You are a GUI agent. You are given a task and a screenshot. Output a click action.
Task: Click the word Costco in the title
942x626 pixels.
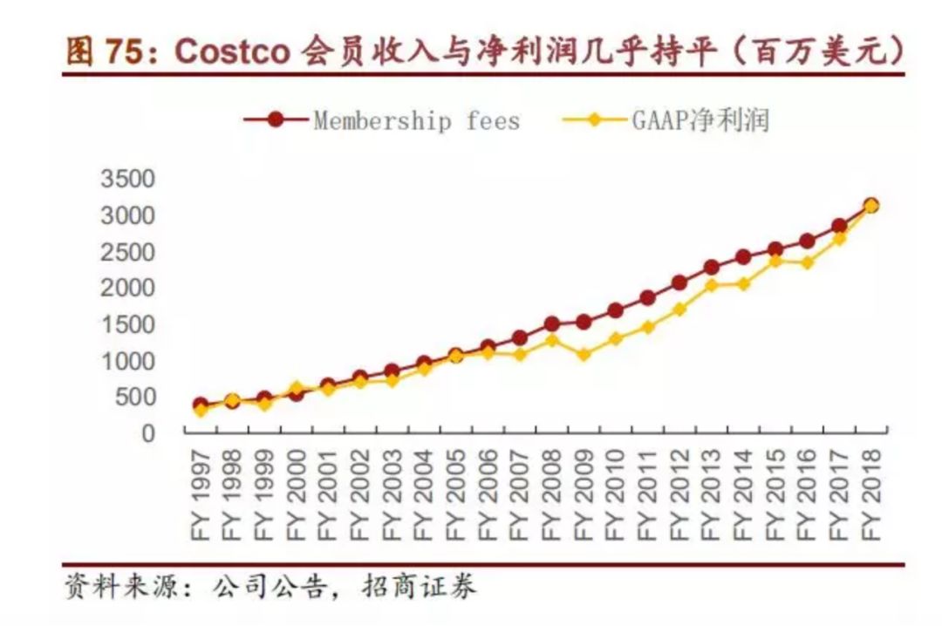click(232, 51)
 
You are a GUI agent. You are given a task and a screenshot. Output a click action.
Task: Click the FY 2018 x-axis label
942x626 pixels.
click(870, 493)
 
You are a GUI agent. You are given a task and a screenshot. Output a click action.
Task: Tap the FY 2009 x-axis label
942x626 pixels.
click(584, 493)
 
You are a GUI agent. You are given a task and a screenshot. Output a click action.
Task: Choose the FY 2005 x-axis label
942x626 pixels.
click(455, 493)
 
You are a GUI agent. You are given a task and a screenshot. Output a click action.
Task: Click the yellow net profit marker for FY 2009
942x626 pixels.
click(584, 355)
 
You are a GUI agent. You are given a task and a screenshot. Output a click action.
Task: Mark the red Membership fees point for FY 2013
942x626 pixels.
click(712, 267)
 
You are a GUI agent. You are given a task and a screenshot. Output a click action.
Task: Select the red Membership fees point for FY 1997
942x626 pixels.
click(201, 405)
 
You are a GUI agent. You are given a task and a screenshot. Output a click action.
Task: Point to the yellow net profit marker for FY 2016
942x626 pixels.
click(807, 262)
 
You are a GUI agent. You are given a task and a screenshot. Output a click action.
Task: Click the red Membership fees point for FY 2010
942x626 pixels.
click(615, 310)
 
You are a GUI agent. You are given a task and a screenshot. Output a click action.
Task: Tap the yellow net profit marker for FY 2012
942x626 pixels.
click(679, 310)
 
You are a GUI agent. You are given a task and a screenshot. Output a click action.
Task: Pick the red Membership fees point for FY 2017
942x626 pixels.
click(839, 226)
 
